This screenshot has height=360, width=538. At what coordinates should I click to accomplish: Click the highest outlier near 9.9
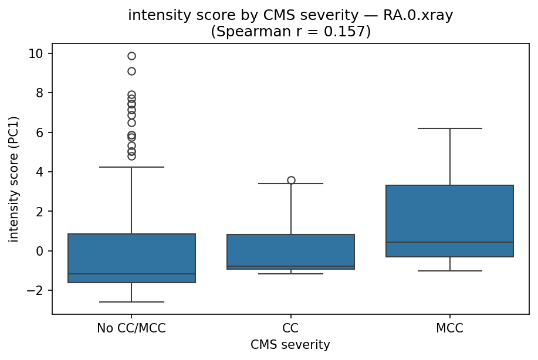coord(131,56)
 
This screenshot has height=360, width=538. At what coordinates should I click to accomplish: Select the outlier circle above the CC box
coord(291,180)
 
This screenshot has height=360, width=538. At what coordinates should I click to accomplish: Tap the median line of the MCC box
coord(450,242)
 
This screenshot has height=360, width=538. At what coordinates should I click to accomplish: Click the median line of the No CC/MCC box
coord(131,274)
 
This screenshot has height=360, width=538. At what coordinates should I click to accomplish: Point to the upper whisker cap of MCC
coord(450,128)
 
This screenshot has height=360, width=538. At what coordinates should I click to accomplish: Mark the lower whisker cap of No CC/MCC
coord(131,302)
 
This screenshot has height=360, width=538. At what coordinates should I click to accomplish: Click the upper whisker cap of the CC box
coord(291,184)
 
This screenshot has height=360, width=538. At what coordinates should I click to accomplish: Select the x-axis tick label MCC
coord(450,328)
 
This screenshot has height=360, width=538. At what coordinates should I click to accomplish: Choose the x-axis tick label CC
coord(291,328)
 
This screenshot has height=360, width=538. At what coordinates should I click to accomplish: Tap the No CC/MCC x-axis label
coord(131,328)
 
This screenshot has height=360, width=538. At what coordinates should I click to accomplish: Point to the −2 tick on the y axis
coord(38,291)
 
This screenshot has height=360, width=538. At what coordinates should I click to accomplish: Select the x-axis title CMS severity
coord(290,345)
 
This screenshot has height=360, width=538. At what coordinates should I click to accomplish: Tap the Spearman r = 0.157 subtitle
coord(290,31)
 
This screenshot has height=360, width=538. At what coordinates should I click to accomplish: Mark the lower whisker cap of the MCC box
coord(450,271)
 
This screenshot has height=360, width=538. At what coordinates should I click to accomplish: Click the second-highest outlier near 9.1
coord(131,71)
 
